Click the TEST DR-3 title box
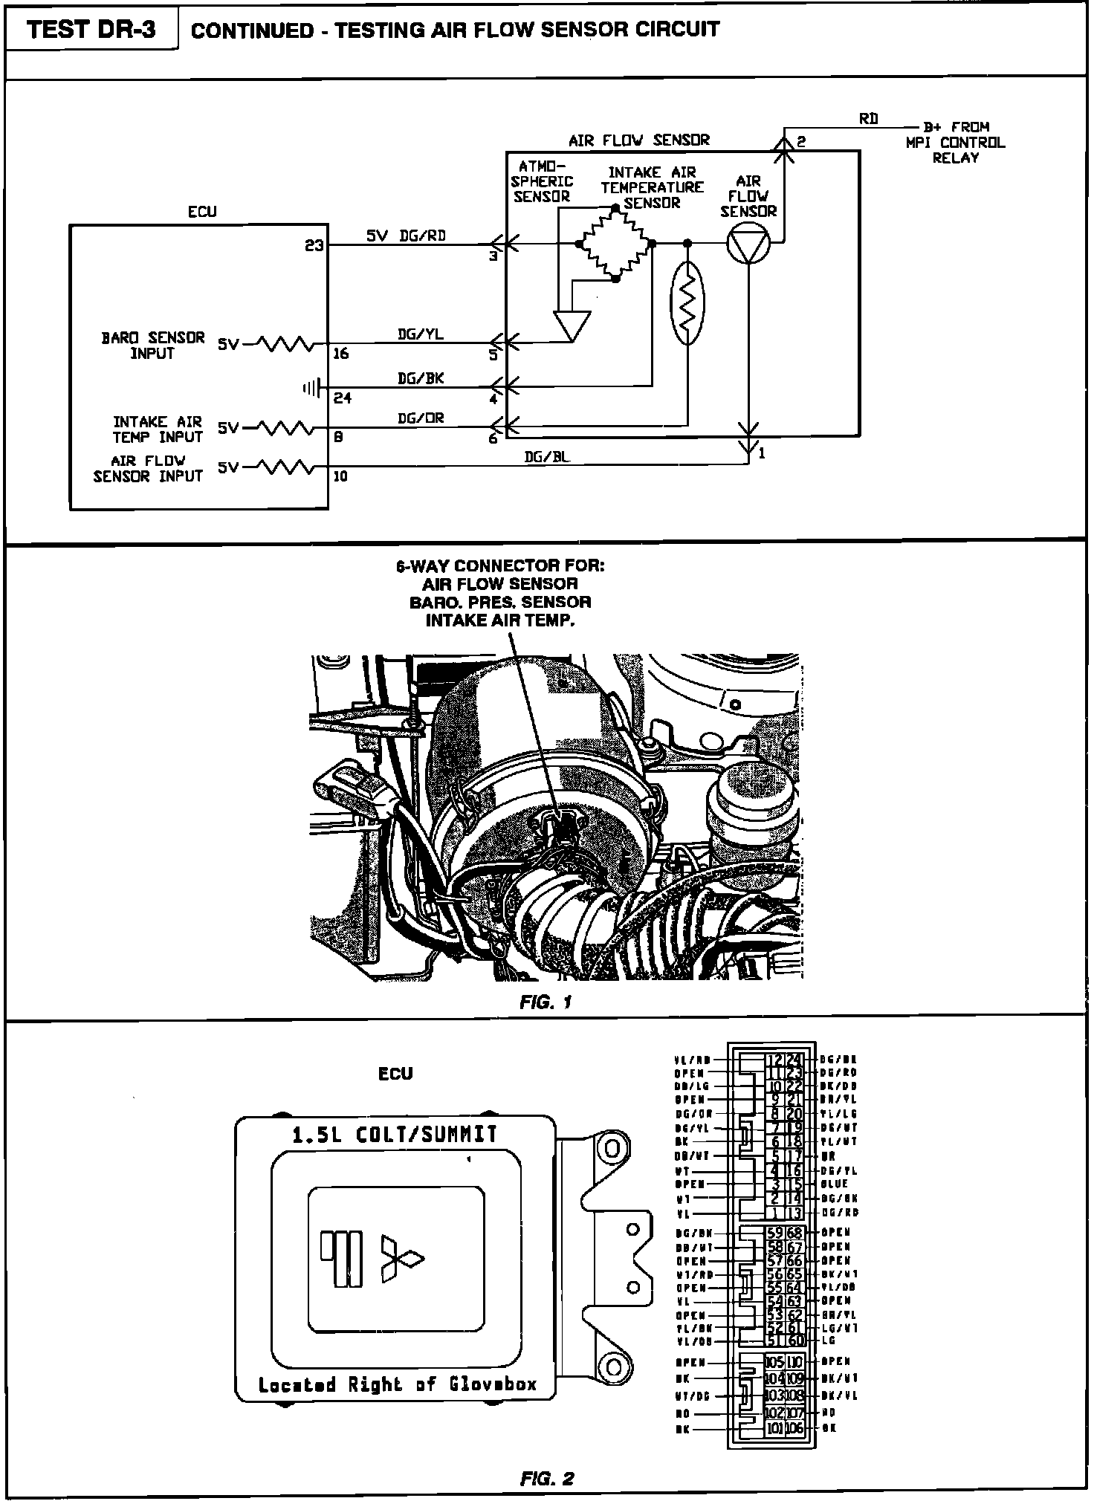pyautogui.click(x=91, y=30)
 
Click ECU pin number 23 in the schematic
pyautogui.click(x=314, y=244)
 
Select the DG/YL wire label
pyautogui.click(x=420, y=334)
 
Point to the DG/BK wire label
pyautogui.click(x=420, y=378)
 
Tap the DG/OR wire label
pyautogui.click(x=420, y=418)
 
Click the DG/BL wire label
pyautogui.click(x=547, y=458)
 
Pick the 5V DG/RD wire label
pyautogui.click(x=406, y=236)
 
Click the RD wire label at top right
pyautogui.click(x=868, y=119)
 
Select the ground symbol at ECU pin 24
pyautogui.click(x=311, y=387)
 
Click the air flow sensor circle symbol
pyautogui.click(x=748, y=243)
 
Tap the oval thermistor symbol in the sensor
pyautogui.click(x=687, y=303)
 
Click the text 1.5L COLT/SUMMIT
pyautogui.click(x=395, y=1135)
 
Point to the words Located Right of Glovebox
pyautogui.click(x=397, y=1384)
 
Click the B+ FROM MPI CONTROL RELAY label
pyautogui.click(x=956, y=142)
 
